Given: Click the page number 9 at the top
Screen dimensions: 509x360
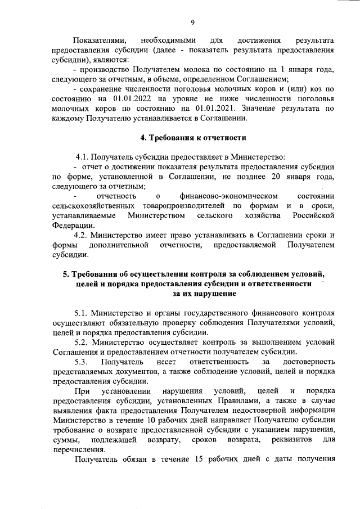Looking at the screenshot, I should pos(192,22).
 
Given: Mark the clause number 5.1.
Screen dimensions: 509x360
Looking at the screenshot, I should pos(82,313).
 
